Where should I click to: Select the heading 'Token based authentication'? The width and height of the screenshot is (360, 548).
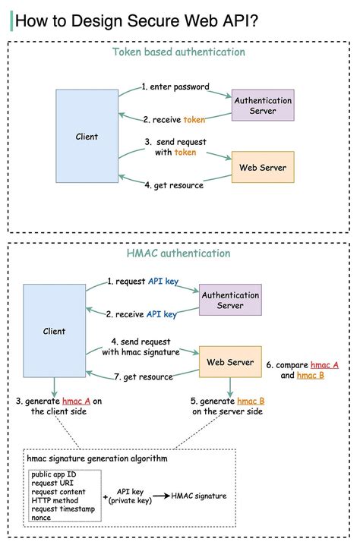[178, 52]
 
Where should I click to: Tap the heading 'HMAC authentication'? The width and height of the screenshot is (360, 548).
[178, 253]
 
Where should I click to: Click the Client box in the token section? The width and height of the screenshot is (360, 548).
[87, 137]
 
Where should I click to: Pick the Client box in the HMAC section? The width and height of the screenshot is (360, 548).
[54, 331]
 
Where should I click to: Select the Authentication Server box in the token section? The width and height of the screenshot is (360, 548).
[263, 106]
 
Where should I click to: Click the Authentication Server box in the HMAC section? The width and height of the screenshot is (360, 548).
[229, 301]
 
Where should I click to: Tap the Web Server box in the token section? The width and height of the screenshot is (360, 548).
[262, 167]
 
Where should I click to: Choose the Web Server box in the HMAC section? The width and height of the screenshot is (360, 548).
[230, 361]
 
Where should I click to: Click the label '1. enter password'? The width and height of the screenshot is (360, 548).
[175, 87]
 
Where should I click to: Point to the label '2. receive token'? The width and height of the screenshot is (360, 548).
[174, 119]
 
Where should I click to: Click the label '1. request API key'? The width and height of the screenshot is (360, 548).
[142, 281]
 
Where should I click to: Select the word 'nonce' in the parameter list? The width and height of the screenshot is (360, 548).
[42, 518]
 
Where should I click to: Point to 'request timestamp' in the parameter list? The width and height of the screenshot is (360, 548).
[63, 509]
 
